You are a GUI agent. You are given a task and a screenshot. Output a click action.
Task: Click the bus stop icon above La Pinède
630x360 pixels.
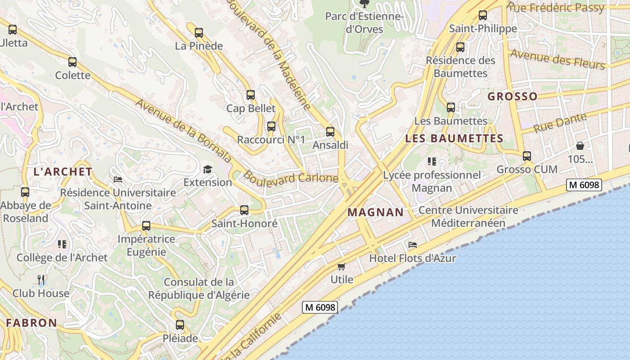199,32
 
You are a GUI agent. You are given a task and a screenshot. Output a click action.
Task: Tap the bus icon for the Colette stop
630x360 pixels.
72,62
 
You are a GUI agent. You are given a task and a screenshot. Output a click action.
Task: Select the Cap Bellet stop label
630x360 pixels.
251,108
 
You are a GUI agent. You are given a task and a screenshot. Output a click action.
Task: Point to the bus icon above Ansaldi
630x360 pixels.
330,132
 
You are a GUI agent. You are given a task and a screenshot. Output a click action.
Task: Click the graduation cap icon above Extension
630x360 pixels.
207,169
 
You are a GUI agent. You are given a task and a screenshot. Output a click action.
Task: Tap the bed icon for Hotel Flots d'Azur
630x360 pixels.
412,245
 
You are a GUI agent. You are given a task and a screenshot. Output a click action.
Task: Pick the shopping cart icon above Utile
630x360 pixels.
342,266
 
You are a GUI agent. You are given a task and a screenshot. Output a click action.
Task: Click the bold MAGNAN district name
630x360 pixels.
376,212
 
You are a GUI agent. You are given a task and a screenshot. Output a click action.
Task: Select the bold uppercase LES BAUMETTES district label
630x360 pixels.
454,139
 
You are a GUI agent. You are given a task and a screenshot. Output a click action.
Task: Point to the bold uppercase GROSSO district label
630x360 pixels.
513,96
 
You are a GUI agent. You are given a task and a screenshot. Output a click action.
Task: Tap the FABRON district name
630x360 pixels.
31,323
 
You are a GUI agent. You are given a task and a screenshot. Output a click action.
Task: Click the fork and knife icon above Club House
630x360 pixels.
41,280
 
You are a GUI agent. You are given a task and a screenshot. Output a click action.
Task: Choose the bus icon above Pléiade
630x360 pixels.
180,324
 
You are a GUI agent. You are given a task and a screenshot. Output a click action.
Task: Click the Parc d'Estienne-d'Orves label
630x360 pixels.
364,23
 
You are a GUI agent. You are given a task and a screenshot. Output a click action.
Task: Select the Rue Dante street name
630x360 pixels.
560,122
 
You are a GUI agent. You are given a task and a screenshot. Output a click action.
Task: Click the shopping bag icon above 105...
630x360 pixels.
580,146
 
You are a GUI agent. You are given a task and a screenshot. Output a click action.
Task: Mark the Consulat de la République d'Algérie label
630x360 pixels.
199,289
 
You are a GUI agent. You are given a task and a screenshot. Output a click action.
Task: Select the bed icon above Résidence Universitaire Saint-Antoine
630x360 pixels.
118,179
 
